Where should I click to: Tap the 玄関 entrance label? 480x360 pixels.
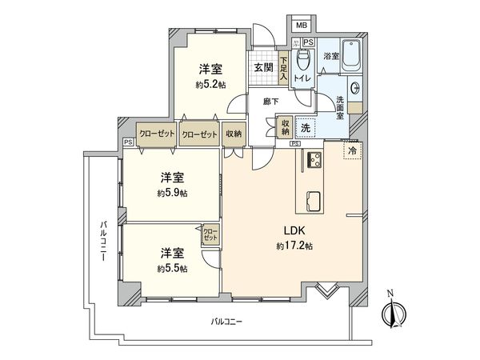[x=264, y=67]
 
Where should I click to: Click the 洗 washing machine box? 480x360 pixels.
[x=306, y=126]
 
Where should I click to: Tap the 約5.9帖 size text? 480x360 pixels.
[x=173, y=193]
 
